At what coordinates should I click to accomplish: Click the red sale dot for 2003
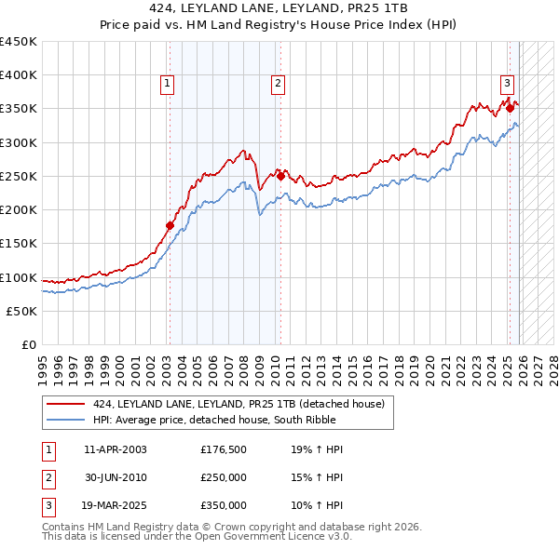tap(170, 224)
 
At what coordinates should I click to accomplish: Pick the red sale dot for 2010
tap(280, 176)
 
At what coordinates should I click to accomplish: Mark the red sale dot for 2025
tap(511, 109)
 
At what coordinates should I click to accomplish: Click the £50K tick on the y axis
tap(22, 311)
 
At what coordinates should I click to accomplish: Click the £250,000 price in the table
tap(224, 477)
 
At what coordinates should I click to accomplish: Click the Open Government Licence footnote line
tap(197, 537)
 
